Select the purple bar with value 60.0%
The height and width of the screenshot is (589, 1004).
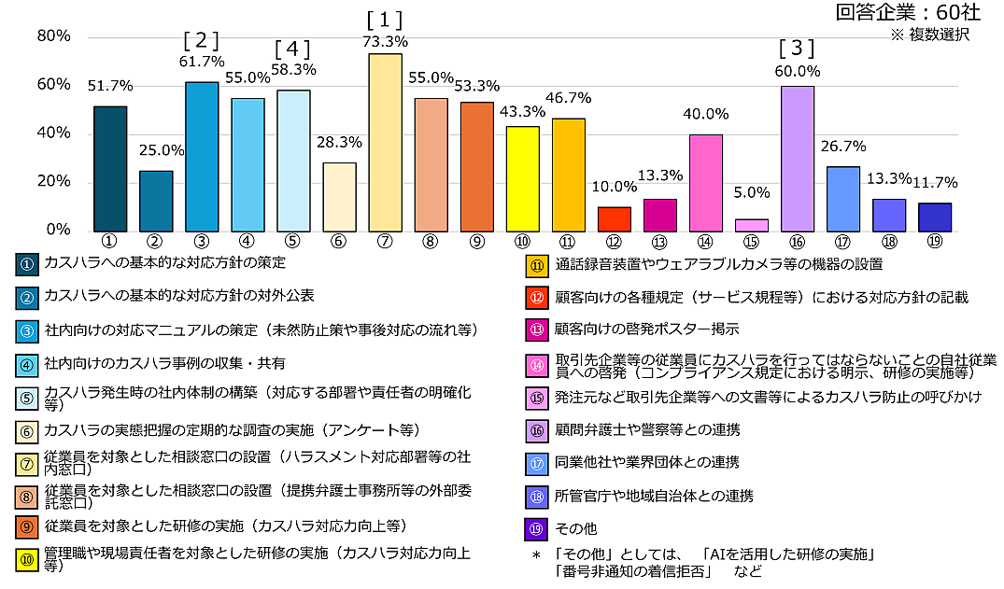(797, 159)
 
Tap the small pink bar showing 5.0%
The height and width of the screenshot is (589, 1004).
(751, 225)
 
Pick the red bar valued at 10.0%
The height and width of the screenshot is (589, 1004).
(614, 219)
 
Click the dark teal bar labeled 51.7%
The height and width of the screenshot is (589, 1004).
(110, 169)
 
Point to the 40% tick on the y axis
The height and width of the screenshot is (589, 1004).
(53, 133)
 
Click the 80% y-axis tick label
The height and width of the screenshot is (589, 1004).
(53, 35)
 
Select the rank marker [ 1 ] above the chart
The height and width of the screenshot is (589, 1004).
(385, 19)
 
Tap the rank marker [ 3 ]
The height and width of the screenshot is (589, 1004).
(797, 48)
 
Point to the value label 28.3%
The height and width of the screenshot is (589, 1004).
(339, 143)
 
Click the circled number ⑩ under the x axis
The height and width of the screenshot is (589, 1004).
(522, 241)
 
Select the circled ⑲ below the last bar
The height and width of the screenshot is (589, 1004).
(934, 241)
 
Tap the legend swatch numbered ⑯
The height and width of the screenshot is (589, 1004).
(535, 430)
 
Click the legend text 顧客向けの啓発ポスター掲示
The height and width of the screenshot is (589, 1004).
(647, 329)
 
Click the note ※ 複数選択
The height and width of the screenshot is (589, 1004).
(929, 35)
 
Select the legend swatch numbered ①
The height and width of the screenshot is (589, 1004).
(26, 264)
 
